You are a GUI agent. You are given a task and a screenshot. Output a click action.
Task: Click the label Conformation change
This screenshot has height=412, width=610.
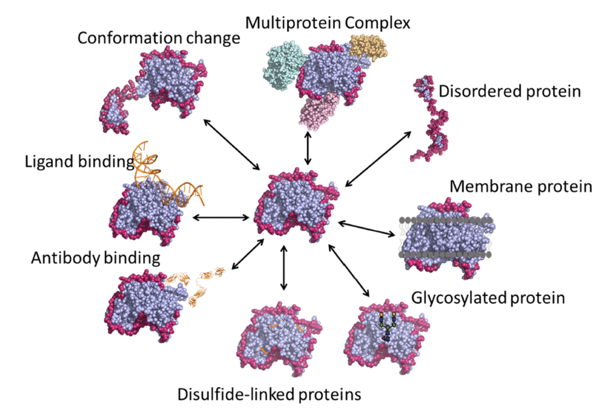158,39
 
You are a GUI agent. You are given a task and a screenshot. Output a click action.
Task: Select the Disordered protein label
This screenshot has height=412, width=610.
509,92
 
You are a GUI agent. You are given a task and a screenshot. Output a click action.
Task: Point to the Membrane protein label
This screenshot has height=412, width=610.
521,187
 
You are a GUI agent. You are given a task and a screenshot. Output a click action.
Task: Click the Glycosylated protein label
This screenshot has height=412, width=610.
488,296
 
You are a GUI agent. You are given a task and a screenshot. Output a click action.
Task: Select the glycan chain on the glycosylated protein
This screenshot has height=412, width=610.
388,326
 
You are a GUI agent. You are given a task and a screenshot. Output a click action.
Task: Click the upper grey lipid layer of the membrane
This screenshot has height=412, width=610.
444,220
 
